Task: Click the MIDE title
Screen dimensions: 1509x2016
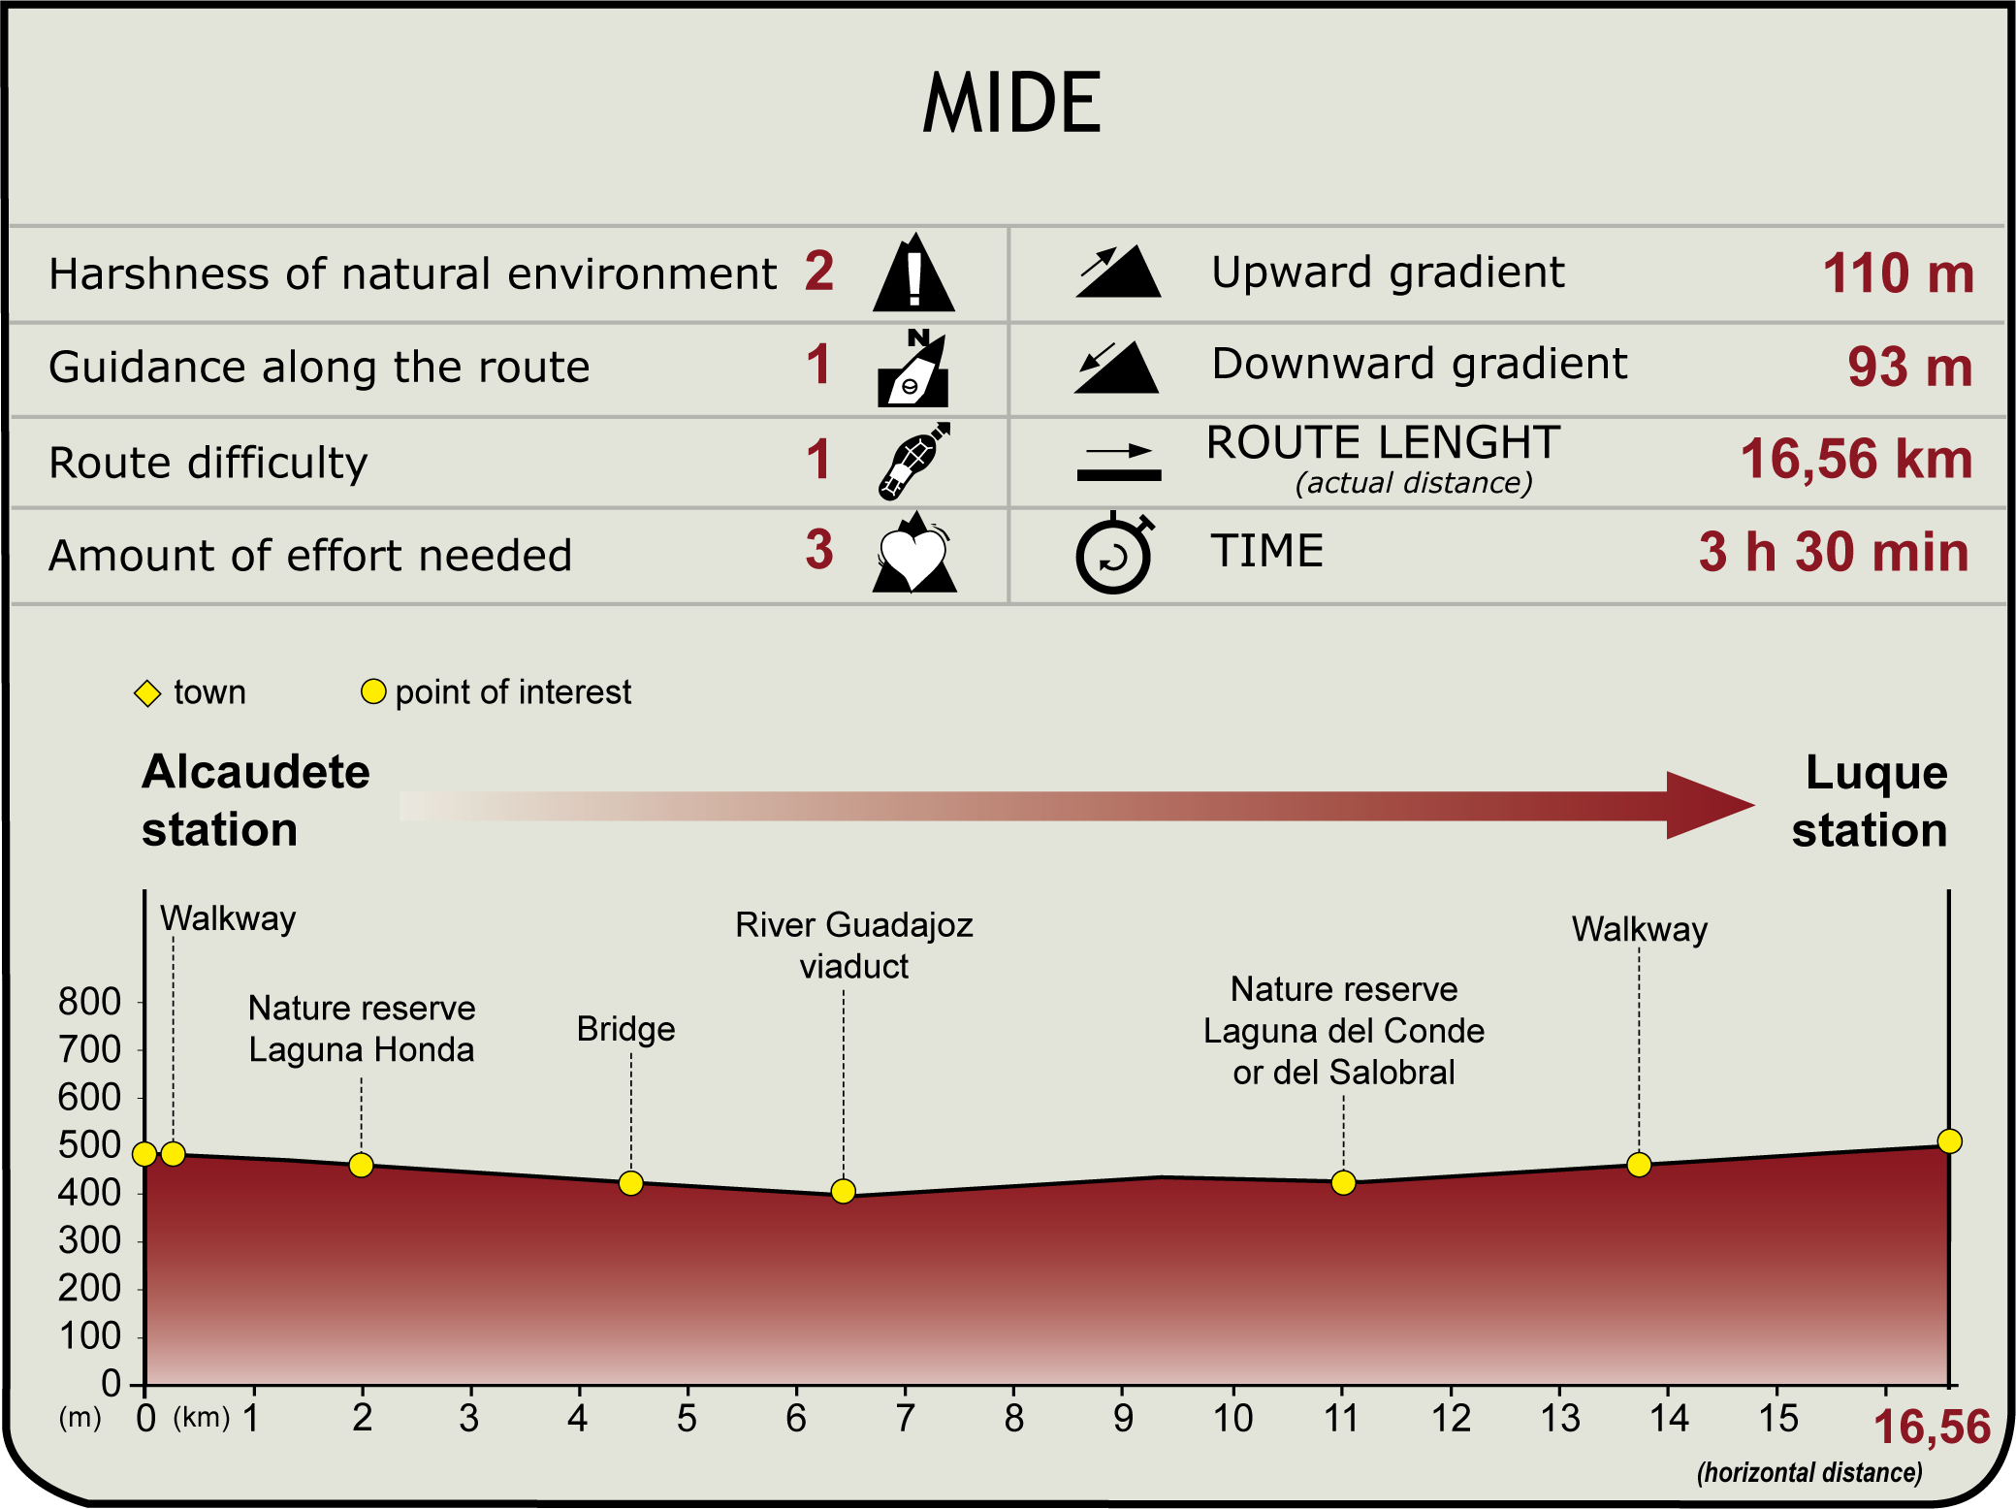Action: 1011,103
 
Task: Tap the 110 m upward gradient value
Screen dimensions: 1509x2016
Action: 1898,273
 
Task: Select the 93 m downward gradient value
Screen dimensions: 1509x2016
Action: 1909,368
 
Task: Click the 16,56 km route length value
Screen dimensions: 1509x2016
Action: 1856,459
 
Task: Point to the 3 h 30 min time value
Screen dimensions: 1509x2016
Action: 1834,552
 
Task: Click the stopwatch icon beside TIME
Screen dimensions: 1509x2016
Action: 1114,554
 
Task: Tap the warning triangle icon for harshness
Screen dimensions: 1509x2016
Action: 913,274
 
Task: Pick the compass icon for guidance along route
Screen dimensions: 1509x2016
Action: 912,369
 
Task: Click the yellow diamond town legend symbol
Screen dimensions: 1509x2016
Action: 147,693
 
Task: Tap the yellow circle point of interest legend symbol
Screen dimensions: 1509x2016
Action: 373,691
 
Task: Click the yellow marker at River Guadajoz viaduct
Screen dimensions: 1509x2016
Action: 844,1191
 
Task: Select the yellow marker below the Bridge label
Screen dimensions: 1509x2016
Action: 631,1183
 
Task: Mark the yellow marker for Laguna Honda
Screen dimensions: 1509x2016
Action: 361,1165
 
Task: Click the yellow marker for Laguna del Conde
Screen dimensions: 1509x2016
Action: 1343,1182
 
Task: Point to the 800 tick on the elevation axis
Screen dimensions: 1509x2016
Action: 89,1002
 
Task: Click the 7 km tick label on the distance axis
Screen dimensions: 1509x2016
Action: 905,1419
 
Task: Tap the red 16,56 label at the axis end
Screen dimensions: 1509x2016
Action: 1932,1428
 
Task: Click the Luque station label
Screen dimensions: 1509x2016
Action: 1870,801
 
